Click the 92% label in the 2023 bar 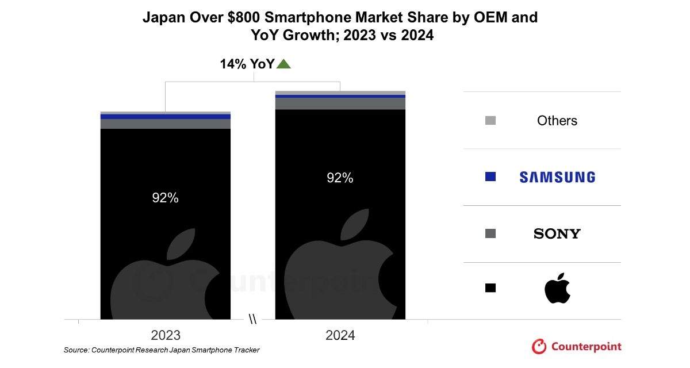(x=166, y=198)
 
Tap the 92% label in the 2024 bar (x=340, y=178)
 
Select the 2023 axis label (x=166, y=335)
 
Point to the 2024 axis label (x=340, y=335)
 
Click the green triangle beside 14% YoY (x=283, y=64)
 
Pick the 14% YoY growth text (x=247, y=64)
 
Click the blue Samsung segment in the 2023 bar (x=166, y=117)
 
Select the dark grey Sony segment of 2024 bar (x=340, y=103)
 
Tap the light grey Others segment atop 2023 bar (x=166, y=113)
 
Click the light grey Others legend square (x=490, y=120)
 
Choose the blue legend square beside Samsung (x=490, y=177)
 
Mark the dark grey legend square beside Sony (x=490, y=233)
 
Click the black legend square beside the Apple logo (x=490, y=287)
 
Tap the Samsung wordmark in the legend (x=557, y=177)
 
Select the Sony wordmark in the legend (x=557, y=233)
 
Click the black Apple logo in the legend (x=557, y=289)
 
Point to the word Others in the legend (x=557, y=121)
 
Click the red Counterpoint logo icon (x=539, y=346)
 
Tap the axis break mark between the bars (x=253, y=319)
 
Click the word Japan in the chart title (x=163, y=18)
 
